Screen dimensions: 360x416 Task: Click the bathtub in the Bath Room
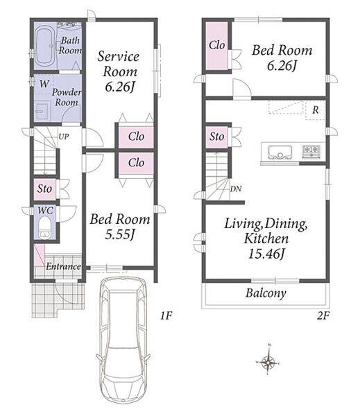(44, 47)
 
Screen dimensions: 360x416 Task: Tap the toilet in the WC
(44, 227)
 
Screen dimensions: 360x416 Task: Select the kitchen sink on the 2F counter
(280, 153)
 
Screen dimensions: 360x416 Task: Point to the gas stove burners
(311, 151)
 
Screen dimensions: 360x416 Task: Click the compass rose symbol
(268, 361)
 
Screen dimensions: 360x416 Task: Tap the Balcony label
(266, 293)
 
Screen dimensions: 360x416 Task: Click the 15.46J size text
(266, 254)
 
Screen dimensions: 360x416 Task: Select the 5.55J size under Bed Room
(120, 234)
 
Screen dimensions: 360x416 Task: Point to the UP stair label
(64, 137)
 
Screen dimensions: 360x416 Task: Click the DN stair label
(236, 189)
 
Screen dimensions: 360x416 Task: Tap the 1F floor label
(166, 315)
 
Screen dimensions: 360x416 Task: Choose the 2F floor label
(323, 315)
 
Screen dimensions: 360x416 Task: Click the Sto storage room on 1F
(44, 189)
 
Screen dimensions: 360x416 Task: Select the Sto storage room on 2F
(216, 137)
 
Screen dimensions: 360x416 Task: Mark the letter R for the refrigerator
(316, 110)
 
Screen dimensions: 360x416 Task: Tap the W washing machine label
(44, 84)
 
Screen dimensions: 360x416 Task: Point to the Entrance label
(63, 266)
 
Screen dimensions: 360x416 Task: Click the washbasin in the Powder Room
(42, 111)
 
